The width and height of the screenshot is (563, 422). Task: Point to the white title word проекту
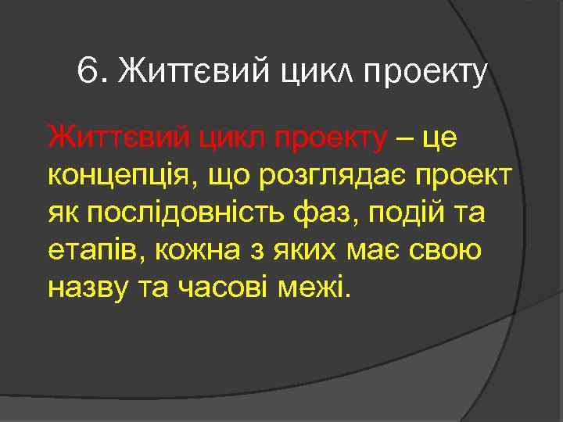424,74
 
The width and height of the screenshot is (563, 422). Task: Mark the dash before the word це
408,139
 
